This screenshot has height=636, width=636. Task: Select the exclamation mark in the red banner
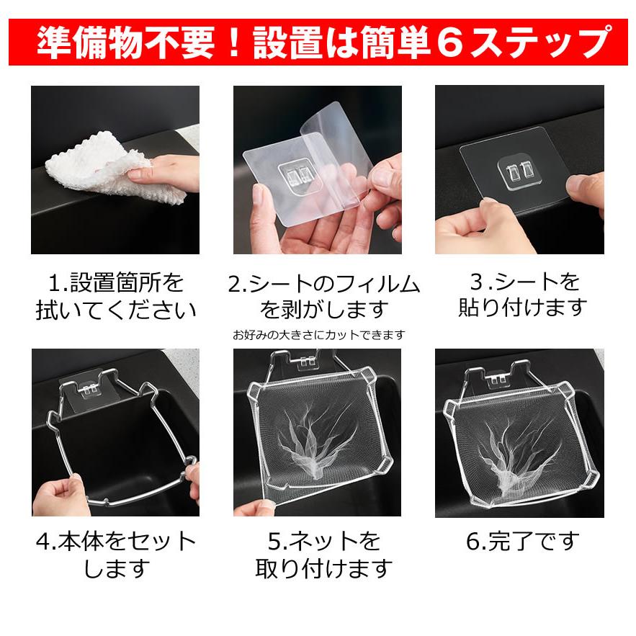click(x=234, y=42)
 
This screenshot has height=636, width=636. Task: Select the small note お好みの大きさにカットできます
click(x=319, y=335)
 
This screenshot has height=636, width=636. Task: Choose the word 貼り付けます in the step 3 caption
click(x=523, y=308)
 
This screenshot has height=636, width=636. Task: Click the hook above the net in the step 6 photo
click(x=497, y=379)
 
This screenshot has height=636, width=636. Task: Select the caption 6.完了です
click(x=522, y=541)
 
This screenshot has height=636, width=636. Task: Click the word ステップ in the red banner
click(x=540, y=42)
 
